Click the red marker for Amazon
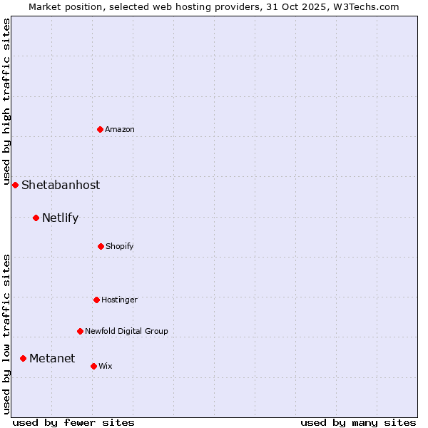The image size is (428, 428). (101, 129)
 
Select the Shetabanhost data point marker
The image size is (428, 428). (15, 185)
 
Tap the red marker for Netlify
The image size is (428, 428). (36, 218)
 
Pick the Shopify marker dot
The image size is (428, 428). (101, 246)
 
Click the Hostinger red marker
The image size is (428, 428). (96, 300)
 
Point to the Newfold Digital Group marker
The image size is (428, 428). (80, 331)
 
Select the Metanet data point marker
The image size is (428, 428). (23, 358)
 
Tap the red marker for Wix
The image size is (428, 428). (93, 366)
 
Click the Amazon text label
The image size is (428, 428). (120, 129)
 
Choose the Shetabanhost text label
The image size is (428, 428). (61, 185)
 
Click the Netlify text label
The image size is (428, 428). (60, 218)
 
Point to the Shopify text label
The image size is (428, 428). (120, 246)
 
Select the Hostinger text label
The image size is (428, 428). (119, 300)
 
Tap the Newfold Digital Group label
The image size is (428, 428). (126, 331)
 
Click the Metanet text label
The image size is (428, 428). (52, 358)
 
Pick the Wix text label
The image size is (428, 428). (106, 366)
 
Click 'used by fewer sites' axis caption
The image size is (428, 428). (73, 422)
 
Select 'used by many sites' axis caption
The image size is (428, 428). (358, 422)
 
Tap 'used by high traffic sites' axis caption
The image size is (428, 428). (6, 99)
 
